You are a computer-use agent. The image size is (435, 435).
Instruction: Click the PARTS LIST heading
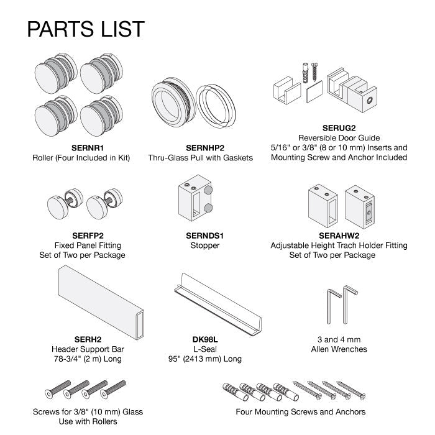tap(85, 29)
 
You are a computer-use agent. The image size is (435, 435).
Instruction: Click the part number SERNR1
tap(81, 148)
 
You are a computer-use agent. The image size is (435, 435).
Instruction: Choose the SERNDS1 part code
tap(204, 236)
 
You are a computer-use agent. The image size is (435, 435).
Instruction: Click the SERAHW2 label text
tap(340, 236)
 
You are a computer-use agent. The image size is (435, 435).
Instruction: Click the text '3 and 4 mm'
tap(339, 339)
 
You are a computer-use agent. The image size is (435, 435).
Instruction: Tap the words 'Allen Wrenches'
tap(339, 349)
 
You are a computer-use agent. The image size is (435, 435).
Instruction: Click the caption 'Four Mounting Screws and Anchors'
tap(300, 411)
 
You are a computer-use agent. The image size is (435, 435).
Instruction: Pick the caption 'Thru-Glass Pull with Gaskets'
tap(200, 158)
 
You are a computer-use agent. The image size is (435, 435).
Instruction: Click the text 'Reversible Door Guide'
tap(339, 138)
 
